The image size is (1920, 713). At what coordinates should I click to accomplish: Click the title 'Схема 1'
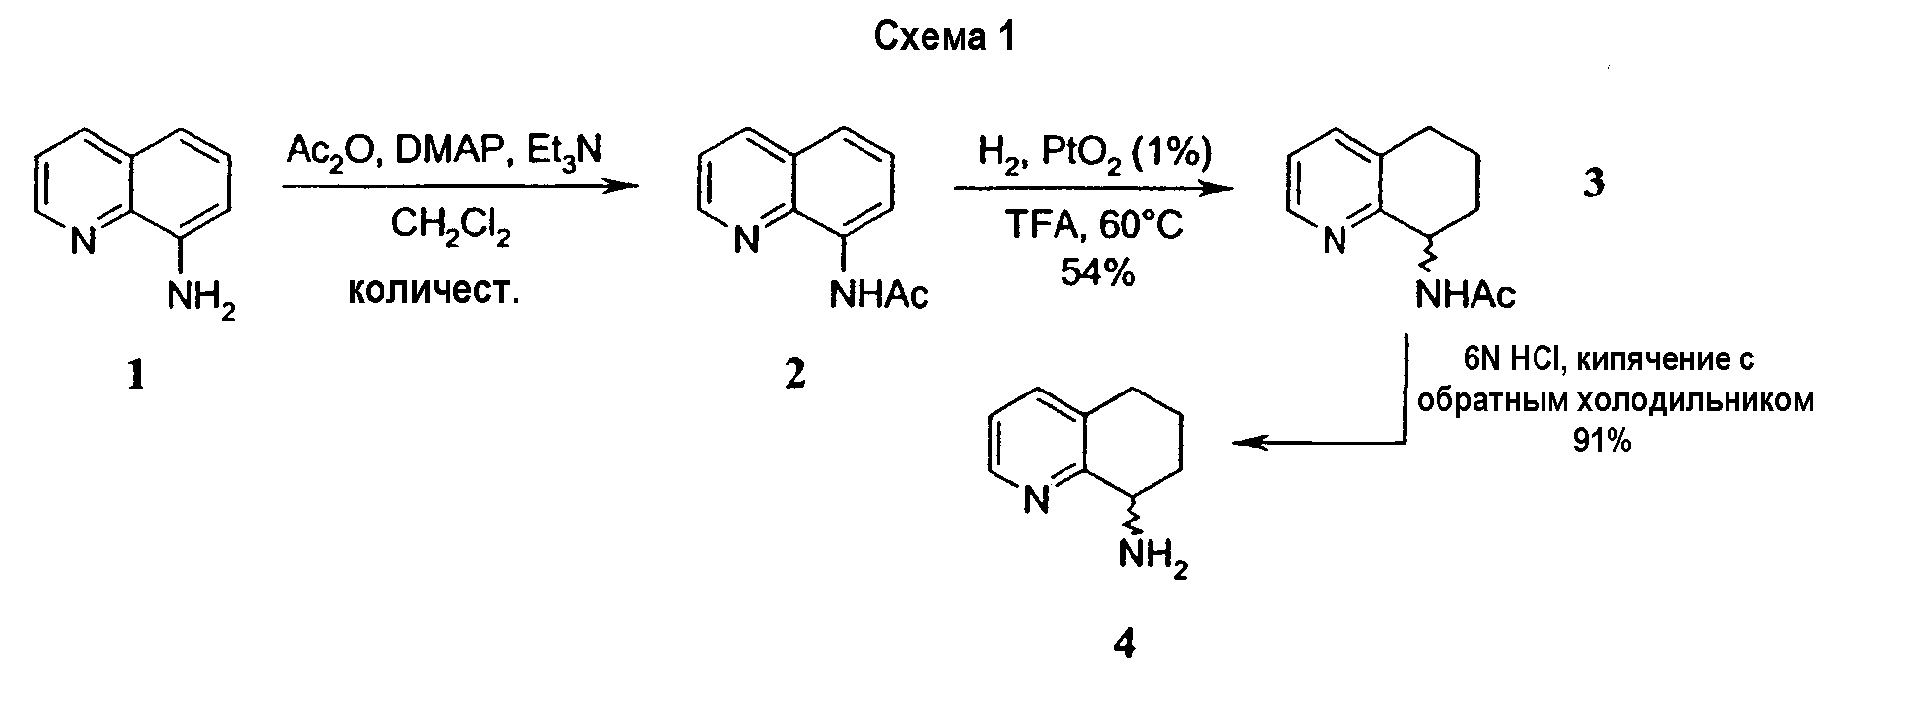[944, 37]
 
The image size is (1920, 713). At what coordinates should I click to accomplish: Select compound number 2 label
[794, 376]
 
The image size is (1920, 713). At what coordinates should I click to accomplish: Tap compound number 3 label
[1594, 183]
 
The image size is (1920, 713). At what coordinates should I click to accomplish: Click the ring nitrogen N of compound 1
[84, 241]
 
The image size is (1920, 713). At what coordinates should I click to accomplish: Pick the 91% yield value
[1602, 442]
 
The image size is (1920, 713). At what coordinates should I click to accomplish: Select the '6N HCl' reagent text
[1511, 360]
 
